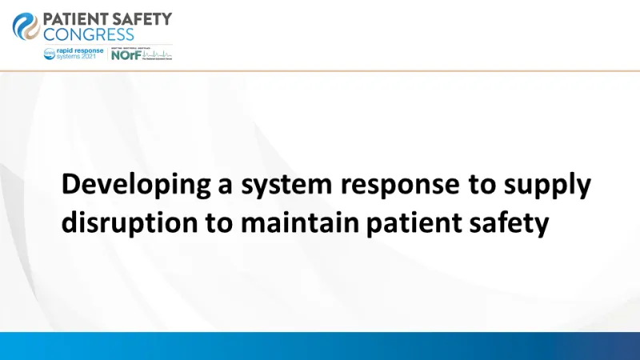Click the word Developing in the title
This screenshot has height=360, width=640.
pos(135,185)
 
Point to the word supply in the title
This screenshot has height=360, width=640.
pos(551,185)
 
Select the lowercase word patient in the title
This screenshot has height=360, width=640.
pos(411,223)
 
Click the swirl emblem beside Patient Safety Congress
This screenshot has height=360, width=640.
pos(26,26)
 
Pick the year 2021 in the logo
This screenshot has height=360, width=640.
pos(93,57)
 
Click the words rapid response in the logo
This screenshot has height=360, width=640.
pos(81,50)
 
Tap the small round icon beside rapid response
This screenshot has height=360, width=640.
pos(50,53)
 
